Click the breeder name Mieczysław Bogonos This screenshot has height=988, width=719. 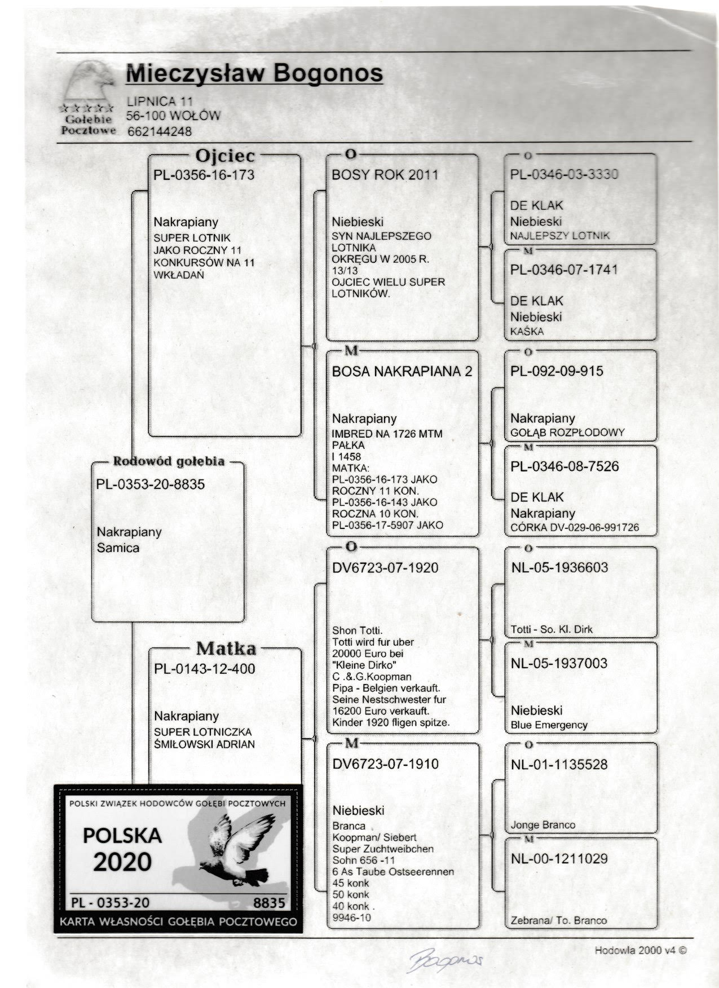pyautogui.click(x=255, y=74)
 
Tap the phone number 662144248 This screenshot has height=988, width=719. pyautogui.click(x=160, y=132)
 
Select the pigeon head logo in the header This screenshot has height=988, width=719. pyautogui.click(x=89, y=84)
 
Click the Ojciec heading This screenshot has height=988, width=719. pyautogui.click(x=224, y=156)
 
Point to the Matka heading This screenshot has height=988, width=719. pyautogui.click(x=226, y=649)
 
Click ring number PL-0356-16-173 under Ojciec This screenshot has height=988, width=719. pyautogui.click(x=204, y=175)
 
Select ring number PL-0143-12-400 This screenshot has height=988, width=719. pyautogui.click(x=205, y=669)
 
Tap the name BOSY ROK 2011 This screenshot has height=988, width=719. pyautogui.click(x=385, y=175)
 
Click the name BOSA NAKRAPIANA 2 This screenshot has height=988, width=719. pyautogui.click(x=402, y=372)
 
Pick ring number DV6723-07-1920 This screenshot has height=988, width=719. pyautogui.click(x=385, y=568)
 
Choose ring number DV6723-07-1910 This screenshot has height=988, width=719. pyautogui.click(x=385, y=765)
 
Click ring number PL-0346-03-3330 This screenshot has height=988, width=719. pyautogui.click(x=564, y=174)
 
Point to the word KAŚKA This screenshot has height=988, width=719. pyautogui.click(x=527, y=332)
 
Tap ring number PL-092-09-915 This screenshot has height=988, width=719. pyautogui.click(x=557, y=372)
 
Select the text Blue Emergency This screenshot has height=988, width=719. pyautogui.click(x=549, y=725)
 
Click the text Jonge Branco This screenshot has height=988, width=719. pyautogui.click(x=542, y=825)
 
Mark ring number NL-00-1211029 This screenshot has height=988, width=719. pyautogui.click(x=559, y=859)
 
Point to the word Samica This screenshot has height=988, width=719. pyautogui.click(x=118, y=548)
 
